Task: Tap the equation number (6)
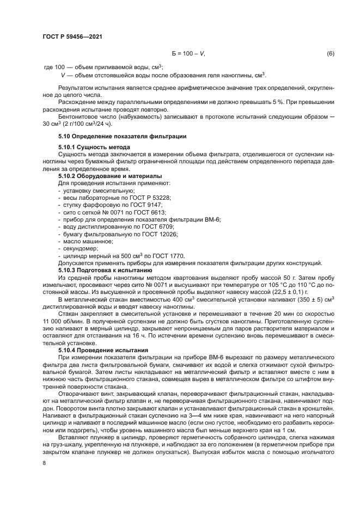330,54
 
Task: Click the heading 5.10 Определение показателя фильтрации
123,136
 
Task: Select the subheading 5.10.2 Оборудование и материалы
109,176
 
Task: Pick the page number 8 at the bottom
44,463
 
